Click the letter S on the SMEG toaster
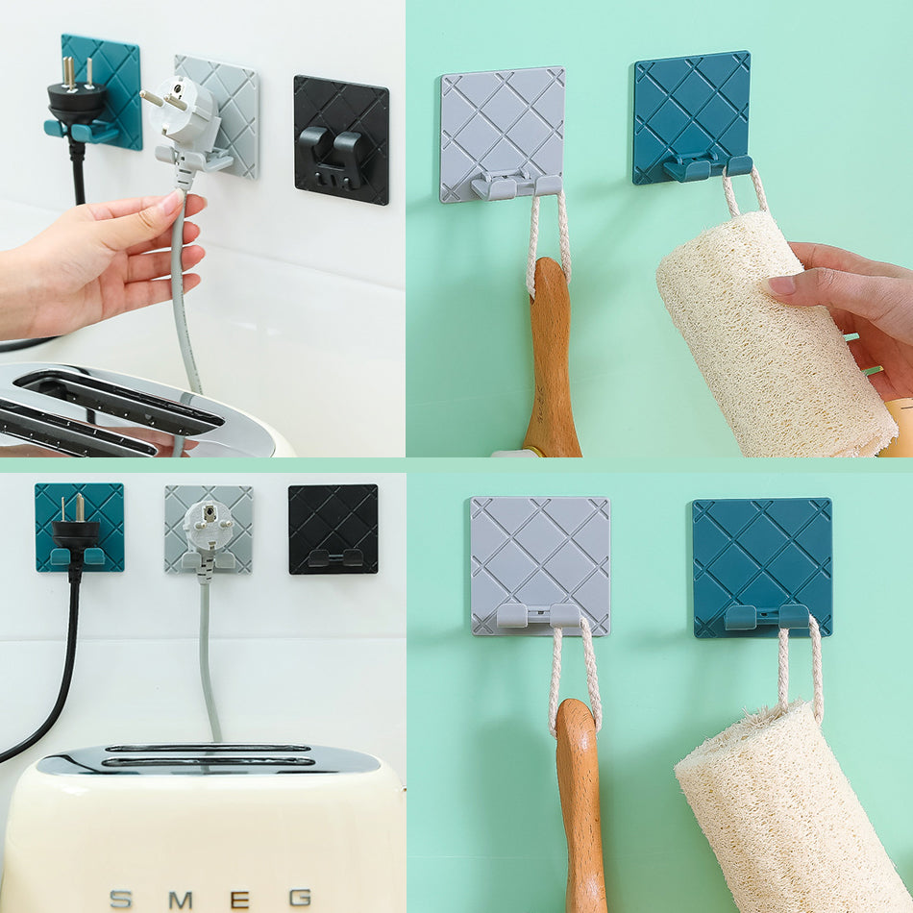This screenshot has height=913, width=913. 120,899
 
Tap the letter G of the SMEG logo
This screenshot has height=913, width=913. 300,898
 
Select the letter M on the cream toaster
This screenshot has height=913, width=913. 181,901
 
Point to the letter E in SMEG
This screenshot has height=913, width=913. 240,900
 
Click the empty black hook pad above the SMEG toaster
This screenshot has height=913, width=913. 333,529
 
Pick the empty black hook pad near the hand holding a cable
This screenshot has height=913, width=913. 341,139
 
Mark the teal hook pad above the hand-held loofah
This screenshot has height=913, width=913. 692,117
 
